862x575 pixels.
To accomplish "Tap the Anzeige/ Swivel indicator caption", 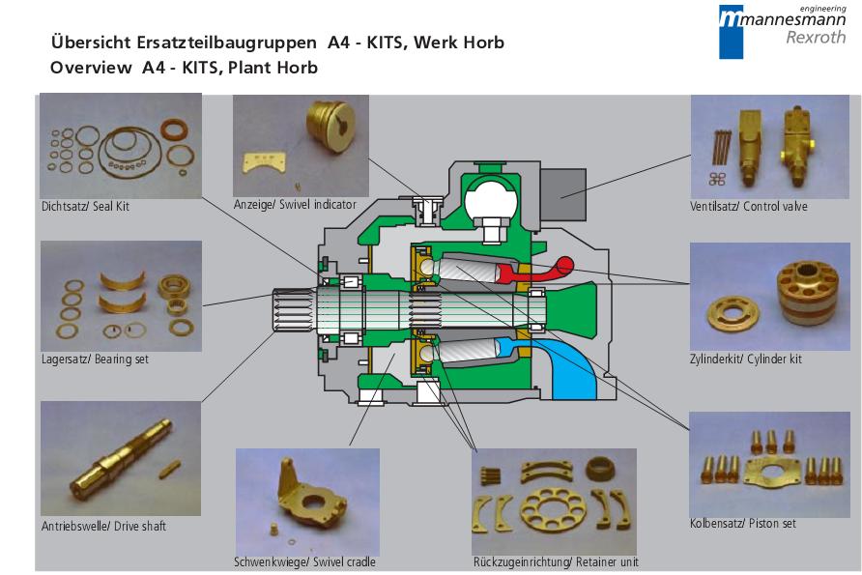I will (295, 205).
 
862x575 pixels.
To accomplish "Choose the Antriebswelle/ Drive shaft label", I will (103, 527).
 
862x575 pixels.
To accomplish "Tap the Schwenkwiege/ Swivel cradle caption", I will (304, 562).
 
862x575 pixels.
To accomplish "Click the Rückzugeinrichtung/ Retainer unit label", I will (555, 562).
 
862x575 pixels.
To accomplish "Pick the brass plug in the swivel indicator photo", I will (329, 123).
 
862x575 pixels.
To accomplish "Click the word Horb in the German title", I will (482, 43).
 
